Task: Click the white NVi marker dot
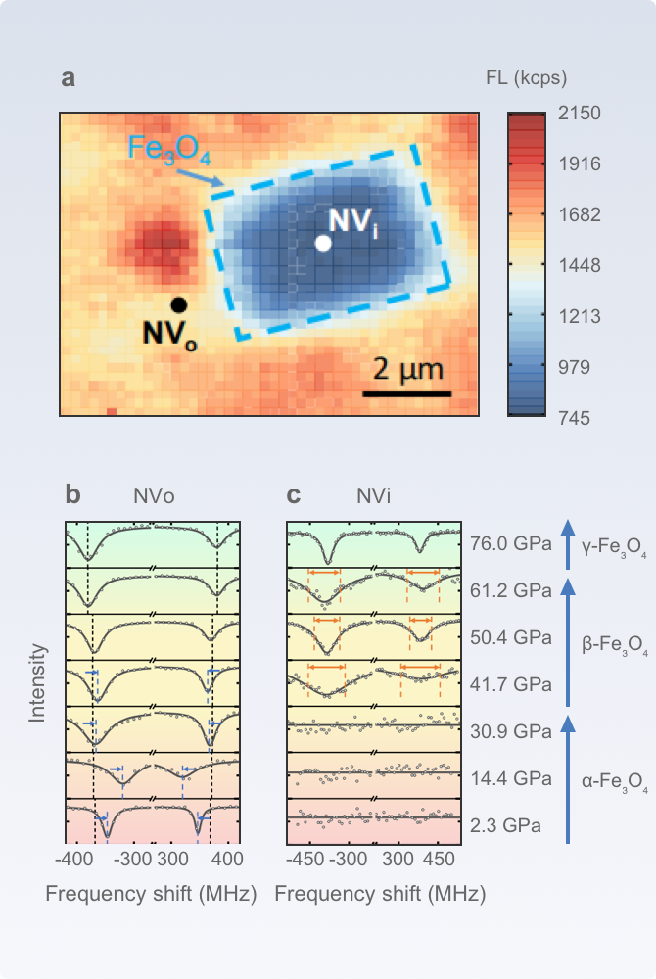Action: pyautogui.click(x=323, y=244)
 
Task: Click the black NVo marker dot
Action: pyautogui.click(x=178, y=304)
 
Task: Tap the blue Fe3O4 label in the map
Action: pyautogui.click(x=169, y=151)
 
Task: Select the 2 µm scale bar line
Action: pyautogui.click(x=407, y=395)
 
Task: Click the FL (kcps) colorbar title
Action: pyautogui.click(x=526, y=78)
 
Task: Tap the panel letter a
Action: pyautogui.click(x=68, y=78)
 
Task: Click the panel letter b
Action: pyautogui.click(x=72, y=495)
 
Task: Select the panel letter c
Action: pyautogui.click(x=293, y=495)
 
